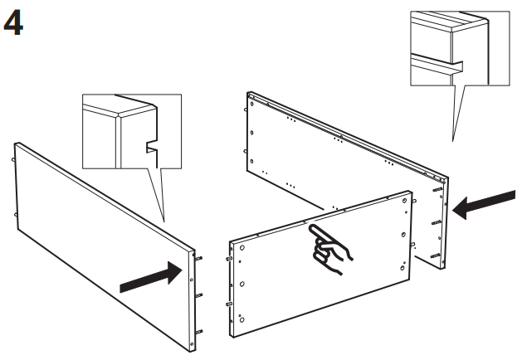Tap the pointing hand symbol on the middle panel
328,245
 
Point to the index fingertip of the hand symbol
310,226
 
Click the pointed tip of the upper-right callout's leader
452,140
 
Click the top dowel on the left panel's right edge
198,258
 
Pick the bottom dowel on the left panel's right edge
198,332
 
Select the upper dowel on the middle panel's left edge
227,257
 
